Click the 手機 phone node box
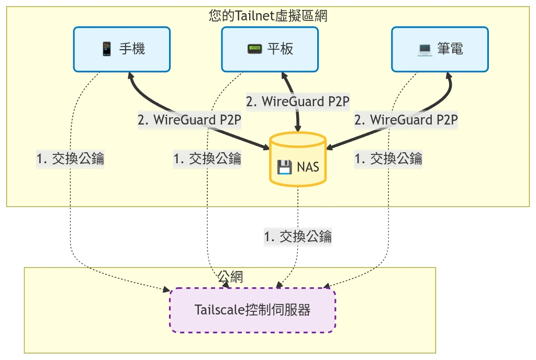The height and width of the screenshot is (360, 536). point(121,49)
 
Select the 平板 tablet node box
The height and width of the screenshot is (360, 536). point(270,49)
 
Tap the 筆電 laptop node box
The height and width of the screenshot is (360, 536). point(440,49)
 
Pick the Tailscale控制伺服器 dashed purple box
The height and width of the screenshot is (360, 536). point(252,310)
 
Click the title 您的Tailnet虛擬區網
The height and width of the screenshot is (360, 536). point(268,15)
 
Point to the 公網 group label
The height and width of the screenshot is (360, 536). point(230,277)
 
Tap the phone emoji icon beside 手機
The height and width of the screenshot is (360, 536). point(107,49)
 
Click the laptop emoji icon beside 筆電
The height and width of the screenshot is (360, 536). point(425,49)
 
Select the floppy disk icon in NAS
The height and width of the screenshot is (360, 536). point(284,167)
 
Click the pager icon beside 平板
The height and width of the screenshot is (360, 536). point(254,49)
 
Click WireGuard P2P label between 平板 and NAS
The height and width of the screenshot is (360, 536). point(297,102)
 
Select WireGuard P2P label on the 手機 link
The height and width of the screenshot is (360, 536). point(189,120)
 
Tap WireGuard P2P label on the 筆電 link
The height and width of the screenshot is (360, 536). point(406,120)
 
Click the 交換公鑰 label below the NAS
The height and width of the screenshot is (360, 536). point(297,237)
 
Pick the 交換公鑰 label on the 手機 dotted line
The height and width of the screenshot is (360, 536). point(70,158)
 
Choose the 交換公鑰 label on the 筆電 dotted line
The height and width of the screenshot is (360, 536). point(388,158)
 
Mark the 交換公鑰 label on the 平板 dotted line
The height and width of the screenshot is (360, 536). point(207,158)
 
